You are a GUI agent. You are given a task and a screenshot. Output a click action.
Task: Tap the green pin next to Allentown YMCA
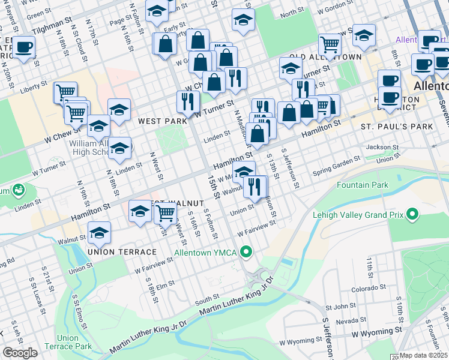(x=245, y=251)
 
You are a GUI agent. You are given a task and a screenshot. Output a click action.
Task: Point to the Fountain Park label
(x=363, y=185)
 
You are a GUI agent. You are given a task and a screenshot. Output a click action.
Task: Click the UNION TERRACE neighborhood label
(x=122, y=252)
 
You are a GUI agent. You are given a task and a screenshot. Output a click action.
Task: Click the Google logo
(x=20, y=353)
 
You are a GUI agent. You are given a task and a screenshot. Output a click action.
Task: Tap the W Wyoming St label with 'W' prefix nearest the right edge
(x=376, y=331)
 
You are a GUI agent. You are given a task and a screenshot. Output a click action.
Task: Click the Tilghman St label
(x=52, y=29)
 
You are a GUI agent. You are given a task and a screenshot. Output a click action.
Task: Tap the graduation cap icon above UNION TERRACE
(x=100, y=232)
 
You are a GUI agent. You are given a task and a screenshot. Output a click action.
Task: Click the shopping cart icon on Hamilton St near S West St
(x=165, y=212)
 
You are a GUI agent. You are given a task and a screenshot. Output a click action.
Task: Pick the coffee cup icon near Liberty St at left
(x=24, y=47)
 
